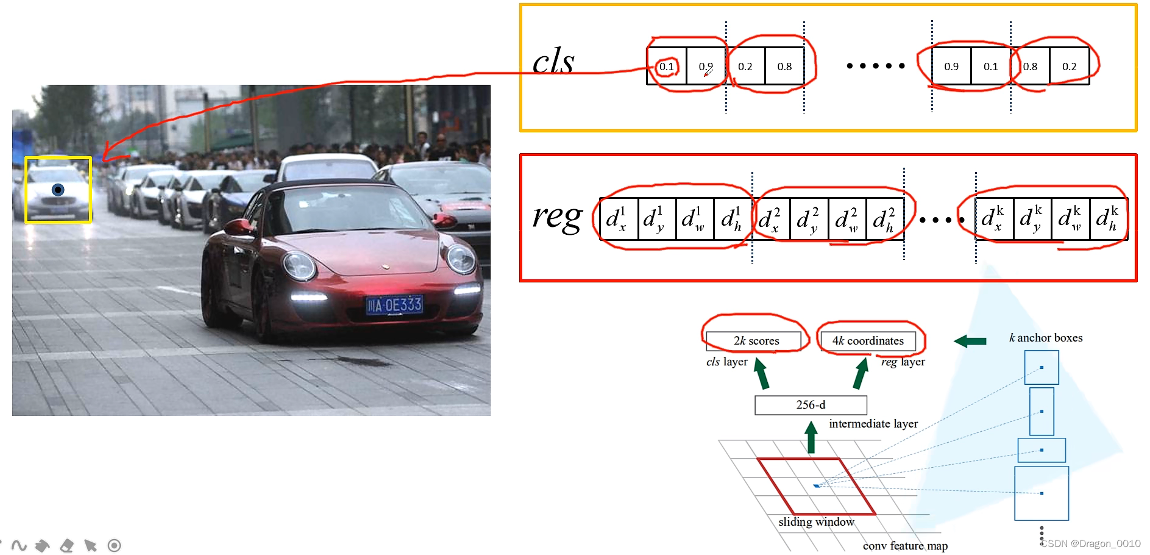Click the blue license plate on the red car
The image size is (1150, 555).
pyautogui.click(x=394, y=304)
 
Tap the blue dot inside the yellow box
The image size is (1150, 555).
pyautogui.click(x=58, y=190)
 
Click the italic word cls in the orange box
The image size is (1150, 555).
pyautogui.click(x=553, y=62)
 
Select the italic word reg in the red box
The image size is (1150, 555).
pyautogui.click(x=557, y=217)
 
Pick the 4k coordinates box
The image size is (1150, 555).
pyautogui.click(x=868, y=341)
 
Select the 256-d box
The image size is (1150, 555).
pyautogui.click(x=811, y=405)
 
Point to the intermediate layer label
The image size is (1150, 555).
pyautogui.click(x=873, y=423)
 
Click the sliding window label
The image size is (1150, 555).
pyautogui.click(x=816, y=522)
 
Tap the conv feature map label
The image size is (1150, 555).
pyautogui.click(x=905, y=546)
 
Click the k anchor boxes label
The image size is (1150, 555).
pyautogui.click(x=1046, y=338)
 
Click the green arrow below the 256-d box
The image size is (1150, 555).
pyautogui.click(x=811, y=438)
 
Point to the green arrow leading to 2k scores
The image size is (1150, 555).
pyautogui.click(x=761, y=373)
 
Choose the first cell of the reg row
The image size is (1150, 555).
pyautogui.click(x=619, y=218)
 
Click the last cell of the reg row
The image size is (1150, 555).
pyautogui.click(x=1109, y=218)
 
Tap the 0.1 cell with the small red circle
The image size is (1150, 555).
pyautogui.click(x=667, y=66)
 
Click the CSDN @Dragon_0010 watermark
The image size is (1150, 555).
pyautogui.click(x=1090, y=543)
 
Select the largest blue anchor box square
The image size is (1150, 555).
pyautogui.click(x=1041, y=493)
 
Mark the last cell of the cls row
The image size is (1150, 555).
pyautogui.click(x=1069, y=66)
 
